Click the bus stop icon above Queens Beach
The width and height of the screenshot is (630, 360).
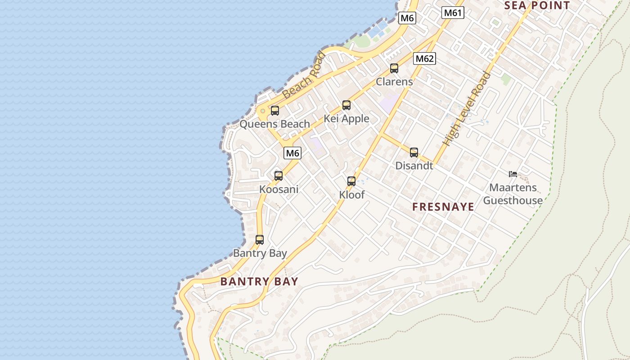tap(274, 110)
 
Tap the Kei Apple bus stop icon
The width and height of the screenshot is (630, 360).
tap(346, 105)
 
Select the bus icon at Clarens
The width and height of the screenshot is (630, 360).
tap(394, 68)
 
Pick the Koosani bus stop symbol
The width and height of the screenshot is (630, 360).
tap(279, 176)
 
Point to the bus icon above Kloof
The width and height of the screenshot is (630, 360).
tap(351, 181)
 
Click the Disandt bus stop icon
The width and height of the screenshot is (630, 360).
tap(414, 153)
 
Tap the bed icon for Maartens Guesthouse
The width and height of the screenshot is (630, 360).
tap(513, 174)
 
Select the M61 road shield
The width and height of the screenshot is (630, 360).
tap(452, 13)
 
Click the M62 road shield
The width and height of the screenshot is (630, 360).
tap(424, 58)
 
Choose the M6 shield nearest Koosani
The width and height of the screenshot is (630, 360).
tap(292, 153)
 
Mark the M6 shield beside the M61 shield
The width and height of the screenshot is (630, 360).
tap(407, 18)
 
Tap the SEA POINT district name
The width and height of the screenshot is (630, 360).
tap(537, 5)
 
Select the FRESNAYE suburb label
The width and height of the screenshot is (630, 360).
tap(443, 207)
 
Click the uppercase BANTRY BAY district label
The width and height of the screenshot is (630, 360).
tap(259, 282)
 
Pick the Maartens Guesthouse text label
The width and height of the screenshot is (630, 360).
tap(513, 194)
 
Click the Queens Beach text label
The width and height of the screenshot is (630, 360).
tap(274, 124)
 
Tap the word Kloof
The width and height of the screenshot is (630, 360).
tap(351, 194)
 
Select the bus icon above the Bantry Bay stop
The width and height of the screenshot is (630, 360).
tap(259, 240)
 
